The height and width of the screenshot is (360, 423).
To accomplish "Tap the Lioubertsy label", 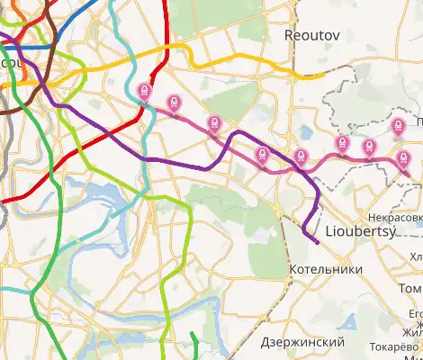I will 358,230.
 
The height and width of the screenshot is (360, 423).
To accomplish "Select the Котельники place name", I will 326,269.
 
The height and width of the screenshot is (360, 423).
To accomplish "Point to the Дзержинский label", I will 302,343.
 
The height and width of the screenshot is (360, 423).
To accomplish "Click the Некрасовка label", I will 395,217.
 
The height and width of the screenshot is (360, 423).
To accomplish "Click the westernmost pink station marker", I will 144,92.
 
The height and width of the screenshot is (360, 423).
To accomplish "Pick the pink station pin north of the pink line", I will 400,128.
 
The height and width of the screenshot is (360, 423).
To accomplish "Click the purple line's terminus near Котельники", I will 317,241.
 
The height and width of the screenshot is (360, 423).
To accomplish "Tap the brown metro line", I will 49,36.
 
